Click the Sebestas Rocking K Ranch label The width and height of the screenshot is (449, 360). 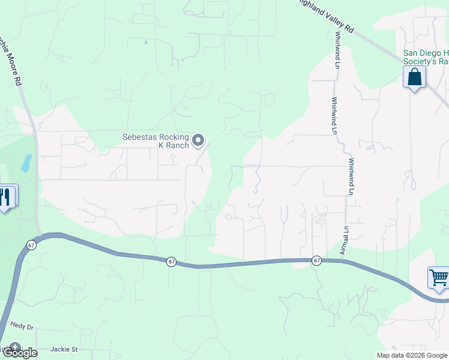[x=156, y=141]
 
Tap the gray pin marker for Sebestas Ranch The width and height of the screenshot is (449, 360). [x=199, y=142]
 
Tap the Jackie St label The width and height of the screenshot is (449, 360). [x=65, y=349]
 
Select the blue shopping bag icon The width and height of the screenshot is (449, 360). [x=414, y=77]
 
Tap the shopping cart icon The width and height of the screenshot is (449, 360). [x=439, y=278]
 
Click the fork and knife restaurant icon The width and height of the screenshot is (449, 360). [x=6, y=196]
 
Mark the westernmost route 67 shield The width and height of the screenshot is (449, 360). [x=31, y=245]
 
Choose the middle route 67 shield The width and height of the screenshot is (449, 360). [x=172, y=262]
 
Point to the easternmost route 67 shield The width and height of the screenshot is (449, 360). [x=316, y=260]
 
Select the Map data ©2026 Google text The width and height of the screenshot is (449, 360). [x=411, y=355]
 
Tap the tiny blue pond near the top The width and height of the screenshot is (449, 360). [x=146, y=43]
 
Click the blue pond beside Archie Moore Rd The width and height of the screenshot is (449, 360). [x=26, y=163]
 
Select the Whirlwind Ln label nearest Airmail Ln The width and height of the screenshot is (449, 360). [x=351, y=176]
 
